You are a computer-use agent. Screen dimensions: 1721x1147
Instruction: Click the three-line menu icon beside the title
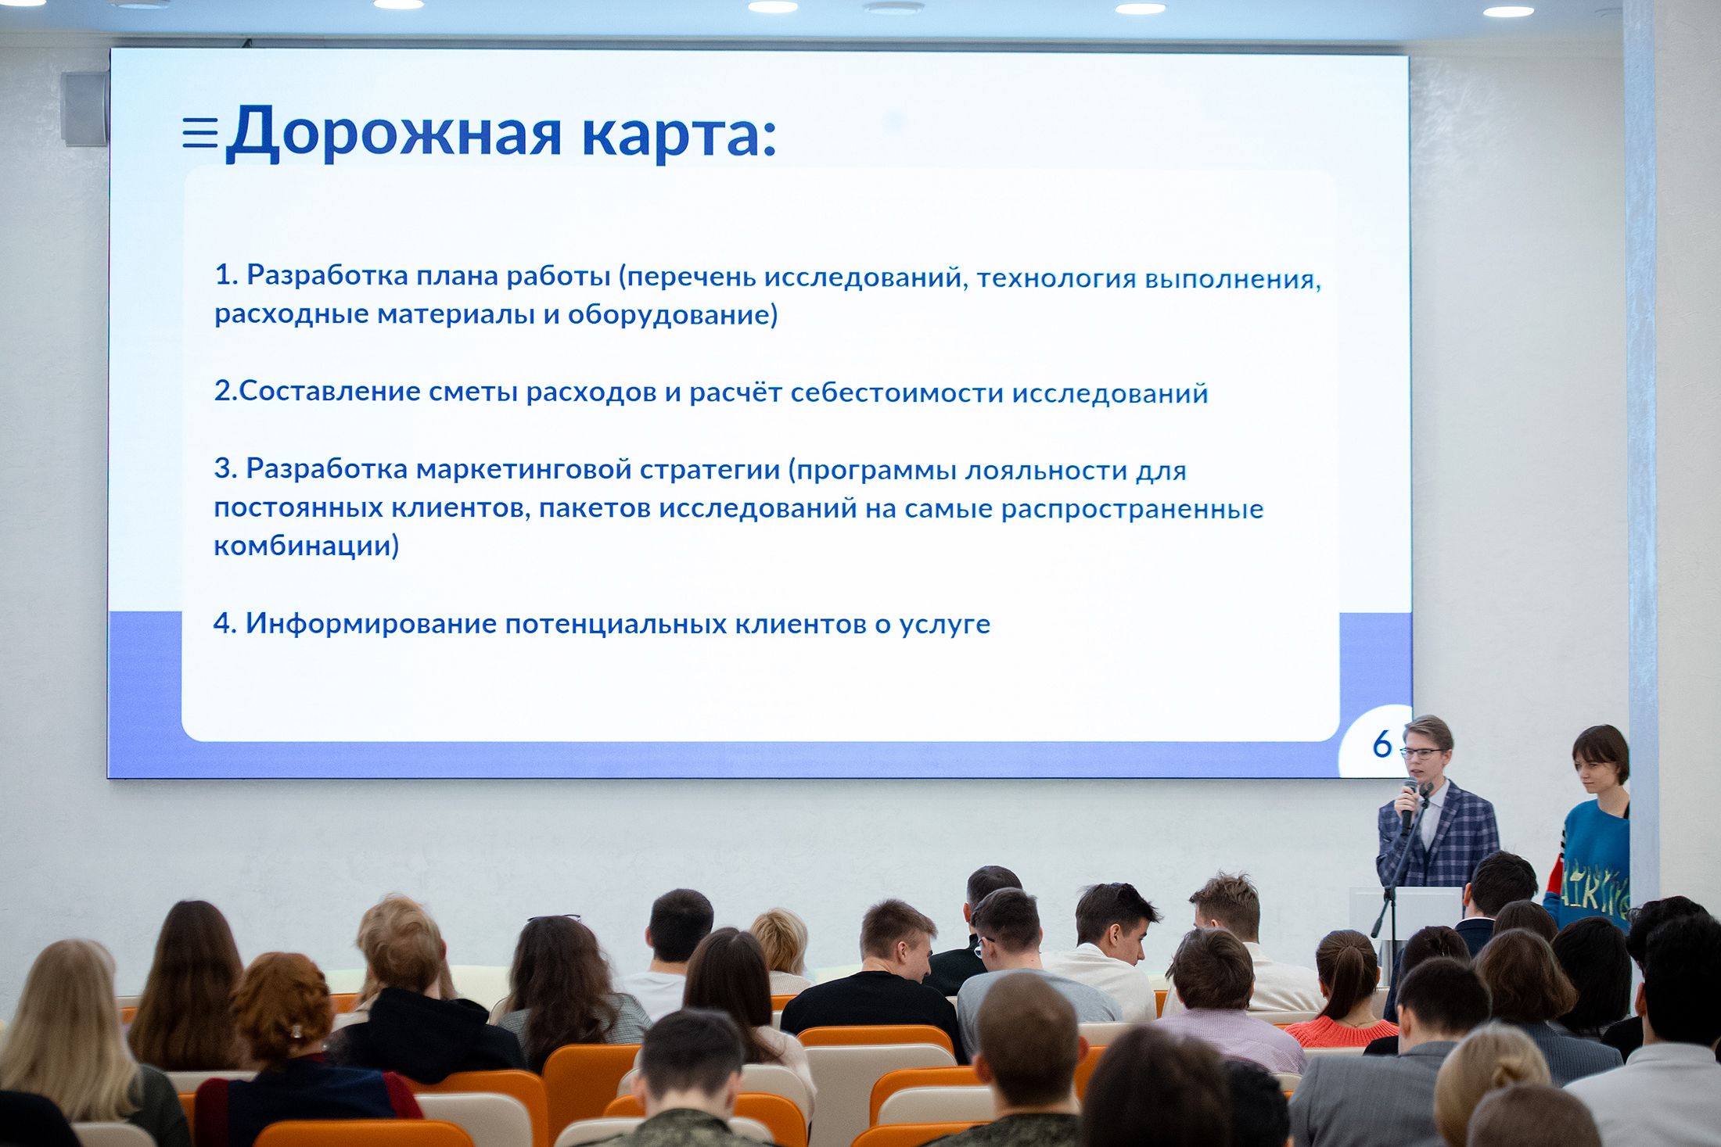(200, 132)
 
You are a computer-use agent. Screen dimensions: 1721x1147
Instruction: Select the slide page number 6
(1382, 744)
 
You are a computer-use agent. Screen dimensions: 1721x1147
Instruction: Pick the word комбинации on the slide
(306, 546)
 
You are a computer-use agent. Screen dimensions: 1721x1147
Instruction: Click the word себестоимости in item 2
(896, 392)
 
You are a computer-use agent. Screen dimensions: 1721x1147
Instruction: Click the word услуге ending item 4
(944, 625)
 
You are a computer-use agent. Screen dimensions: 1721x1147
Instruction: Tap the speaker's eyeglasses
(1421, 754)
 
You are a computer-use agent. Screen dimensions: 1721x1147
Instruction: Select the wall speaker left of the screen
(84, 109)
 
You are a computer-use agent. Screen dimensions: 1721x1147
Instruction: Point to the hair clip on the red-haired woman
(296, 1032)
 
